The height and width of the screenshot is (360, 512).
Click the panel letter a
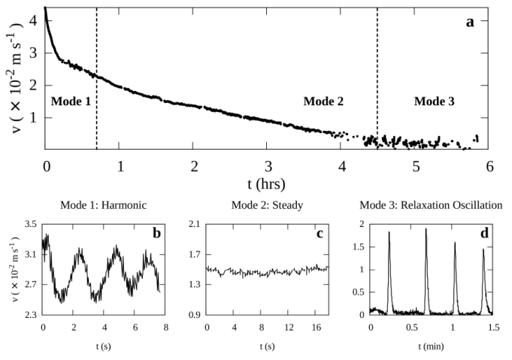(470, 22)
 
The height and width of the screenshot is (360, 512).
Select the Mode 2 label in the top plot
(323, 101)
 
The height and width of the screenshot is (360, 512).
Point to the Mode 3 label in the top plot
(435, 101)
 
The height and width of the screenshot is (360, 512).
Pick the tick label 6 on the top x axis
(489, 166)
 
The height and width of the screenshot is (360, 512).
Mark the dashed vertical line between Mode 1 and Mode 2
(97, 75)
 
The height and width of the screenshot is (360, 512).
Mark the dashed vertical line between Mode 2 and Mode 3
(377, 75)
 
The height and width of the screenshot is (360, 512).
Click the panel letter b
(156, 234)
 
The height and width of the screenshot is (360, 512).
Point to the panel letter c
(320, 234)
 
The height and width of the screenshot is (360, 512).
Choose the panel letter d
(484, 234)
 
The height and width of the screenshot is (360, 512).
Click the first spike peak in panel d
(389, 232)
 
